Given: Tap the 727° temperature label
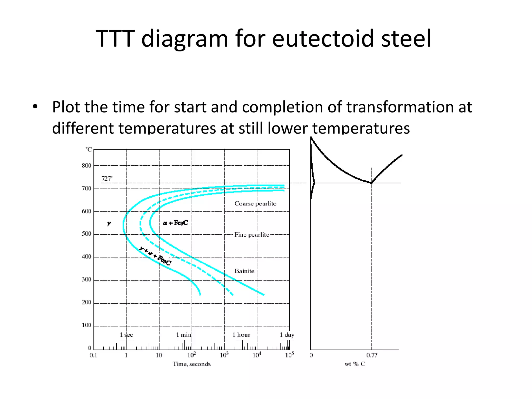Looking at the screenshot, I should [107, 179].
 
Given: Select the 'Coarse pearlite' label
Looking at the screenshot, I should [255, 203].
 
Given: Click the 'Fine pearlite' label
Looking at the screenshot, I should [252, 235].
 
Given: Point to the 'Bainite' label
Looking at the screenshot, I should [244, 271].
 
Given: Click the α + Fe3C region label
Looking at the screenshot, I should [175, 223].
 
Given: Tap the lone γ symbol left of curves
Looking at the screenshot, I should [109, 223].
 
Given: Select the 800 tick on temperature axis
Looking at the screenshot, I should [87, 166].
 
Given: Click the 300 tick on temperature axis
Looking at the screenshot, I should [87, 280].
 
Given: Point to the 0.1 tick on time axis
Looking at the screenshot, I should [93, 355].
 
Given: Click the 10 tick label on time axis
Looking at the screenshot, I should [159, 355].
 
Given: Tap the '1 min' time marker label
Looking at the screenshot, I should [183, 335].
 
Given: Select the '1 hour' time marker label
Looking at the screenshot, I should [241, 335].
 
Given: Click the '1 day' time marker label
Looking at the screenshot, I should [287, 335].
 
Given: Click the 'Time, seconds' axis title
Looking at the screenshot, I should [191, 364].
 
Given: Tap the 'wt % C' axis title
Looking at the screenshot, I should [355, 364].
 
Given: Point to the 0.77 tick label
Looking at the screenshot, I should [371, 355].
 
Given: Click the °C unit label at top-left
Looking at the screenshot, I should [89, 150].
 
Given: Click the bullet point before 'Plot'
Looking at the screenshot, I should [35, 107].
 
